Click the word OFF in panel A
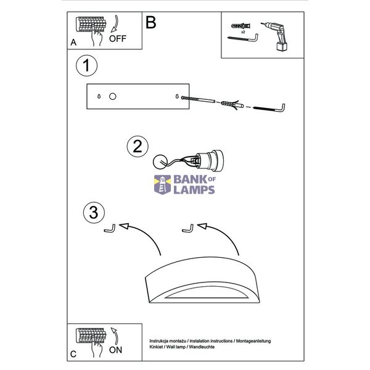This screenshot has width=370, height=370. pos(118,38)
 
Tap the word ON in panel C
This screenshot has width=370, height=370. pos(115,350)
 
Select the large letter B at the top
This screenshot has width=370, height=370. pos(151,22)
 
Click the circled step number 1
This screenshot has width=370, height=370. pos(86,65)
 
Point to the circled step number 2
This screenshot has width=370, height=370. pos(138,147)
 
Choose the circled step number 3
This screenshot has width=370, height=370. pos(94,212)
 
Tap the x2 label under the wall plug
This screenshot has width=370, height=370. pos(243,32)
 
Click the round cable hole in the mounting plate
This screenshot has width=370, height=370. pos(113,96)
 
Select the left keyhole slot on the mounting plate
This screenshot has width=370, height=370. pos(99,96)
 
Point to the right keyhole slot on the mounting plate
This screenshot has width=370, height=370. pos(177,96)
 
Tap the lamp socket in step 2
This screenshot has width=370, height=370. pos(208,160)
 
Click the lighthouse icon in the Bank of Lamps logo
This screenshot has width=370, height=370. pos(162,184)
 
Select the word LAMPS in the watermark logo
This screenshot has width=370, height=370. pos(194,190)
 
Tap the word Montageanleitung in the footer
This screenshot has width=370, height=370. pos(253,341)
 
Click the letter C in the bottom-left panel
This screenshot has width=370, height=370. pos(73,354)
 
